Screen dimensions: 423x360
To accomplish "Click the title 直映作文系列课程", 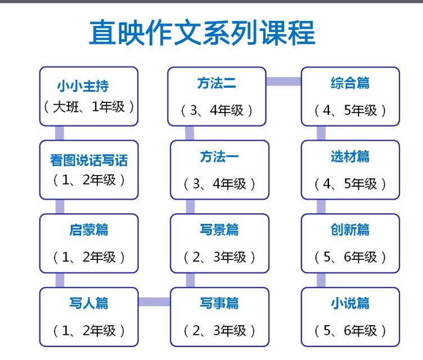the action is click(202, 33).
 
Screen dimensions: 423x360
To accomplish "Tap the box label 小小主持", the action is click(83, 86).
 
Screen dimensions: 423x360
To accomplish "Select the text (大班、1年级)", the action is click(89, 107).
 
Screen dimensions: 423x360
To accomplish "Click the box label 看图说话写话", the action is click(89, 160).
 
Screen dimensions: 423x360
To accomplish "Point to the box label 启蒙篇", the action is click(89, 229).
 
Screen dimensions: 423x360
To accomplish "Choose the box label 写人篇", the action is click(89, 303).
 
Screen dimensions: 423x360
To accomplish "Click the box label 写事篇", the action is click(219, 303).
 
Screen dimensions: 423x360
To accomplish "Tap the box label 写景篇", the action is click(219, 229).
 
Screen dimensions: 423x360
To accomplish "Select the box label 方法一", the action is click(219, 156).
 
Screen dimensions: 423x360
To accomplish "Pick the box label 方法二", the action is click(217, 83).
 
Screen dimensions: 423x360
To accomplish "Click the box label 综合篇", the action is click(350, 83).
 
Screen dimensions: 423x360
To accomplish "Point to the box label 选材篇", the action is click(350, 156).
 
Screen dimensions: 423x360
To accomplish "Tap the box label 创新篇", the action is click(350, 229).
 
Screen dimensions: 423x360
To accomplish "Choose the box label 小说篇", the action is click(350, 303).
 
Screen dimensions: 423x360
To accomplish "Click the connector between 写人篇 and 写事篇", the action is click(154, 301).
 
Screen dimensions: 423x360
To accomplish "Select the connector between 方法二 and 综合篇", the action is click(283, 82).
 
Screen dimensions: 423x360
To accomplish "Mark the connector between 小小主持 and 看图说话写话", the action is click(60, 133).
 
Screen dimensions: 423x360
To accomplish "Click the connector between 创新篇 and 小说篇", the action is click(321, 280).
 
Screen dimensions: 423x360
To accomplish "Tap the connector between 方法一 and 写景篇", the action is click(190, 206).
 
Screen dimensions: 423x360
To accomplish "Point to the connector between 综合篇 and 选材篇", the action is click(321, 133).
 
